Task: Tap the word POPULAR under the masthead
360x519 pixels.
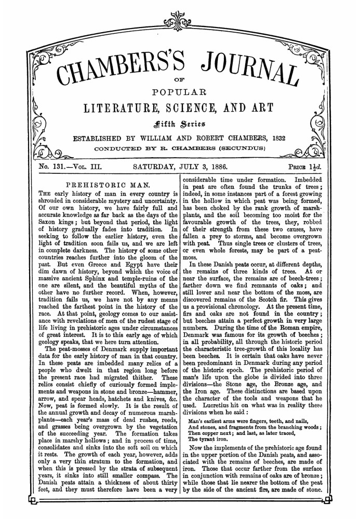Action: tap(180, 93)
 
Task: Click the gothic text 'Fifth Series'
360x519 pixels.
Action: tap(180, 124)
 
